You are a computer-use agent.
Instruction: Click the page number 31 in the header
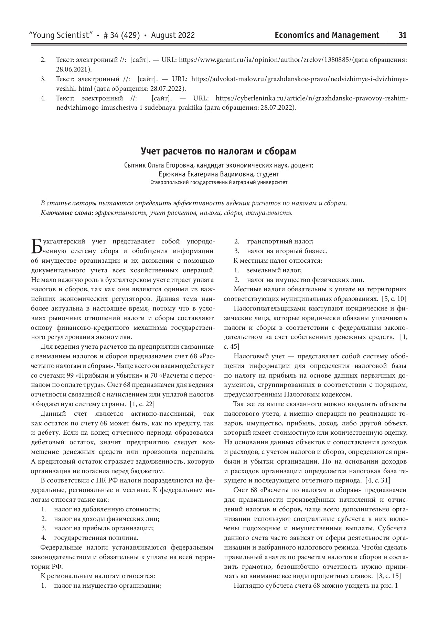pyautogui.click(x=402, y=35)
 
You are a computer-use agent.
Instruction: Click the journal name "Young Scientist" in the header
pyautogui.click(x=62, y=35)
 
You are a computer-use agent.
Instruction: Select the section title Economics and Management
pyautogui.click(x=327, y=35)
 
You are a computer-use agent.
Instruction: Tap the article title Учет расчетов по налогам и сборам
pyautogui.click(x=218, y=151)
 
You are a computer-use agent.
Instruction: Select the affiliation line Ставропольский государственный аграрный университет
pyautogui.click(x=218, y=183)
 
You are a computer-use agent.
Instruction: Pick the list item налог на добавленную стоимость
pyautogui.click(x=107, y=509)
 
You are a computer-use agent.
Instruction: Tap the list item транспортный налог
pyautogui.click(x=280, y=241)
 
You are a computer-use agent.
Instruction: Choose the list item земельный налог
pyautogui.click(x=274, y=270)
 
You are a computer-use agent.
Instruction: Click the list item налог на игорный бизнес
pyautogui.click(x=286, y=251)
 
